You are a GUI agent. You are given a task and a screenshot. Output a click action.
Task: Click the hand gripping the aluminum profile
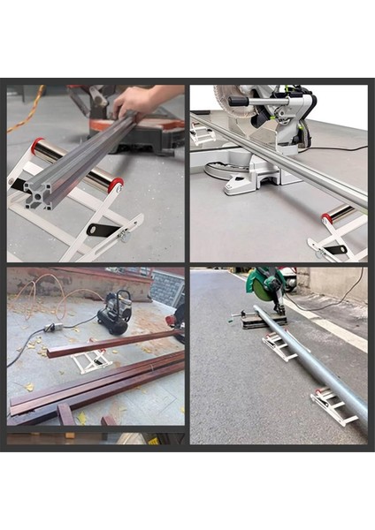coord(137,102)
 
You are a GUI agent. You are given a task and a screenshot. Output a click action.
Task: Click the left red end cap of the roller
coord(37,146)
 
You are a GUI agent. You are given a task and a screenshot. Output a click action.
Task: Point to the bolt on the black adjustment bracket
coord(121,237)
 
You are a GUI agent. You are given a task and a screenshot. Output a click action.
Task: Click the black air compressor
coord(115,313)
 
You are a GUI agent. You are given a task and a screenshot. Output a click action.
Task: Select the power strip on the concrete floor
coord(50,328)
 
